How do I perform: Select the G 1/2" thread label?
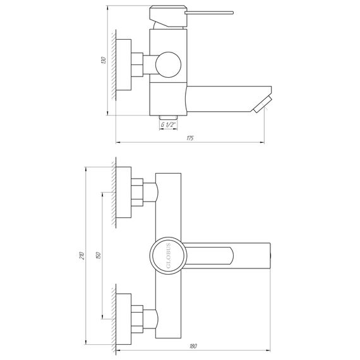(168, 125)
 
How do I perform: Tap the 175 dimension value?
(190, 138)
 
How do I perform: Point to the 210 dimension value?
(81, 255)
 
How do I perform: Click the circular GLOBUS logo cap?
(168, 256)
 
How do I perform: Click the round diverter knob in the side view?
(169, 64)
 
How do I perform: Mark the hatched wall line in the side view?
(112, 65)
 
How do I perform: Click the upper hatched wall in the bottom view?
(113, 192)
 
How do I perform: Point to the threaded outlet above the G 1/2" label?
(168, 116)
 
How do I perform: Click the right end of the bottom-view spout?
(270, 256)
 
